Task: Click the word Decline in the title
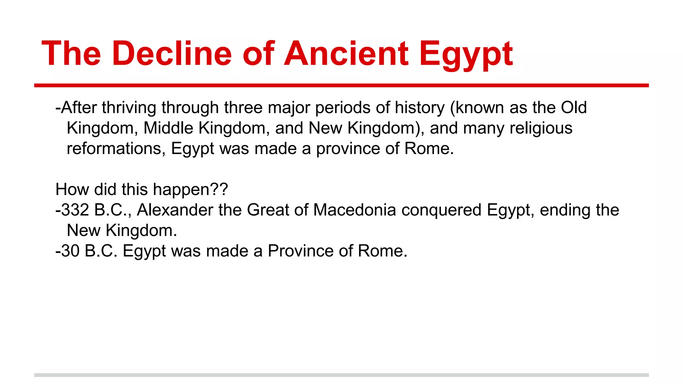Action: (172, 54)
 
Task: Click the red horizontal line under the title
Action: (341, 86)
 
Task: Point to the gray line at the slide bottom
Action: (341, 375)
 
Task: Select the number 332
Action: (75, 210)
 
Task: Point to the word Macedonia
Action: (355, 210)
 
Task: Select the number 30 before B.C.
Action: (70, 251)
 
